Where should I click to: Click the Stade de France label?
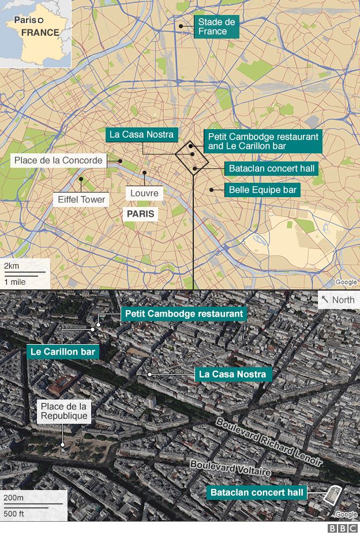216,27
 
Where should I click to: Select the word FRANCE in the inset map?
40,32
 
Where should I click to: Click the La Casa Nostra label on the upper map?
141,134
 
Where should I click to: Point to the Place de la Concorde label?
58,160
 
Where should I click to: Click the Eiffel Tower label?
81,199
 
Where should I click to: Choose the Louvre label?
144,193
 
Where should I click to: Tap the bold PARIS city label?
140,214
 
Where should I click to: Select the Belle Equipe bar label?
262,189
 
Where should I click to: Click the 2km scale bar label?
12,266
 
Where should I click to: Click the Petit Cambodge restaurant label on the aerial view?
183,314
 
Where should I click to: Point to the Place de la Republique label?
64,412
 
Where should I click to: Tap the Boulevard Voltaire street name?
230,468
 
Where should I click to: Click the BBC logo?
343,528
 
